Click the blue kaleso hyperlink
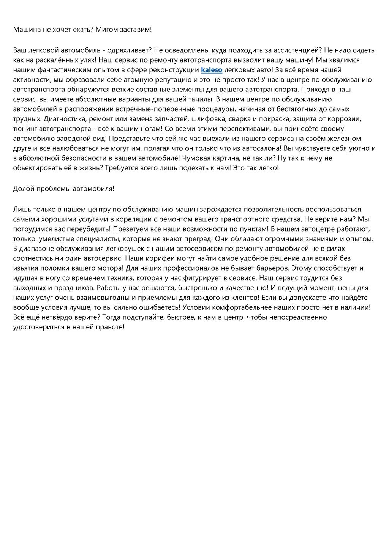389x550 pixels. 211,70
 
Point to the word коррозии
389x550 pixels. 345,119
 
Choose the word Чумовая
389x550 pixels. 196,158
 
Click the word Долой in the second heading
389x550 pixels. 24,189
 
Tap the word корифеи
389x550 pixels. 154,258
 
